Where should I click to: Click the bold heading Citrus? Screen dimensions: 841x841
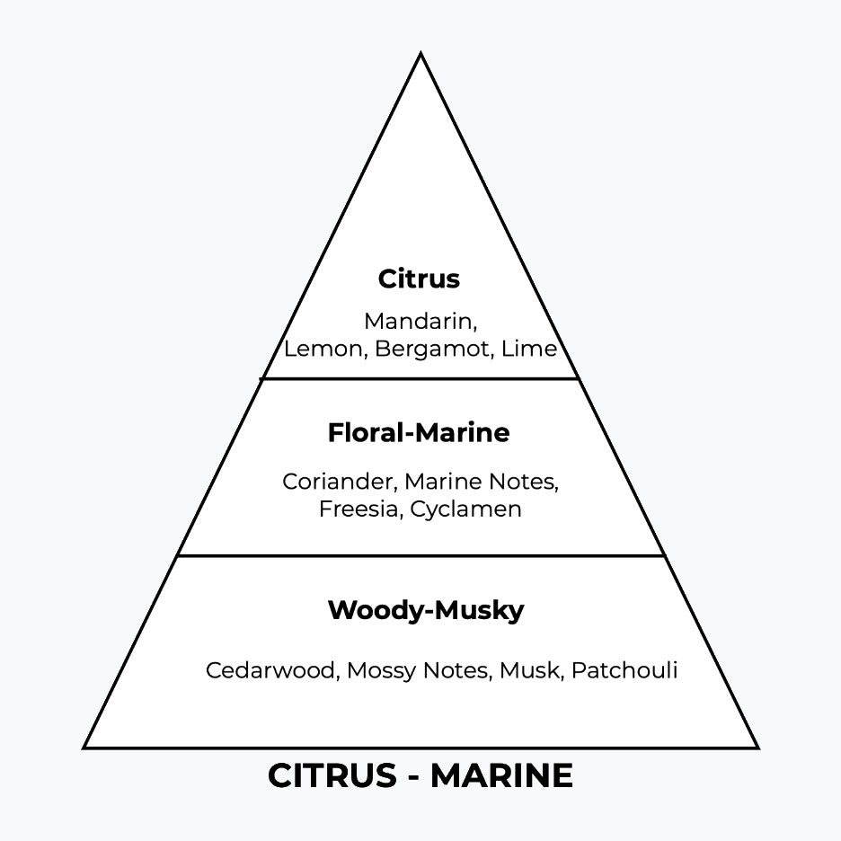419,279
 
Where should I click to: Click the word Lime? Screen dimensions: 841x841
529,349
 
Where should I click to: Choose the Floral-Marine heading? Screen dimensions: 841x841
419,433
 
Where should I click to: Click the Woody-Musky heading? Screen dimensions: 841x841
426,611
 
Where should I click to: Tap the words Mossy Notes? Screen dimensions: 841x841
418,670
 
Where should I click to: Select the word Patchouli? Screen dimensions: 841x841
624,670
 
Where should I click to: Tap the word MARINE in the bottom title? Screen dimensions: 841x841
501,776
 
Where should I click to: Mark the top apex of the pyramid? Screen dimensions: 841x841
420,54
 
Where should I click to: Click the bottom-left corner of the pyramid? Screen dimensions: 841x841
85,747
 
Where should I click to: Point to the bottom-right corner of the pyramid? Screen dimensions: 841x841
757,747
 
